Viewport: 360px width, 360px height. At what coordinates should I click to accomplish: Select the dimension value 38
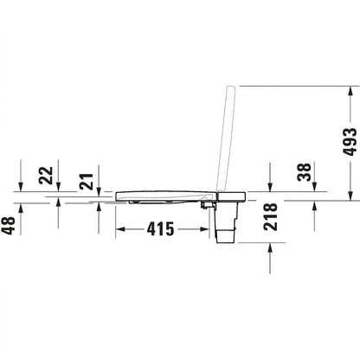pos(305,172)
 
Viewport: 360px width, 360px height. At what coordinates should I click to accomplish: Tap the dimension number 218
pos(270,216)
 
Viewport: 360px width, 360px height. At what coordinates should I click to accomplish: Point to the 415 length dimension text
pos(160,229)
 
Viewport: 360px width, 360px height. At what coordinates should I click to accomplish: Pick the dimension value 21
pos(87,182)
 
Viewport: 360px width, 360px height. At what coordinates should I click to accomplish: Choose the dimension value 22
pos(46,176)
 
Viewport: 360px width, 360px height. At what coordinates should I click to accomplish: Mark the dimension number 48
pos(8,226)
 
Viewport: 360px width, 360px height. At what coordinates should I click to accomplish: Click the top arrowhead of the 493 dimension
pos(350,91)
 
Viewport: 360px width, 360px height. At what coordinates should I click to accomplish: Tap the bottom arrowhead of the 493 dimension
pos(350,196)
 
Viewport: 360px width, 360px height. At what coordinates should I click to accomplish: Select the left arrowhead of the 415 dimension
pos(120,229)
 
